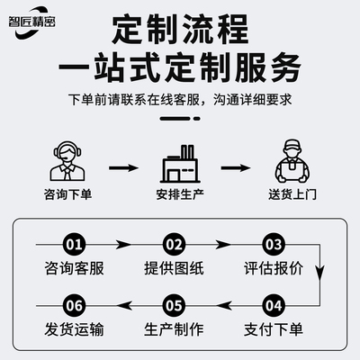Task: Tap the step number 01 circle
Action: (x=76, y=244)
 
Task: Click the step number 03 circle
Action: (x=274, y=244)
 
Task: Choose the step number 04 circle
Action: (x=274, y=304)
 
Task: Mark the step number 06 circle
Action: (x=76, y=304)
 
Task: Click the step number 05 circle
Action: (x=175, y=304)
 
